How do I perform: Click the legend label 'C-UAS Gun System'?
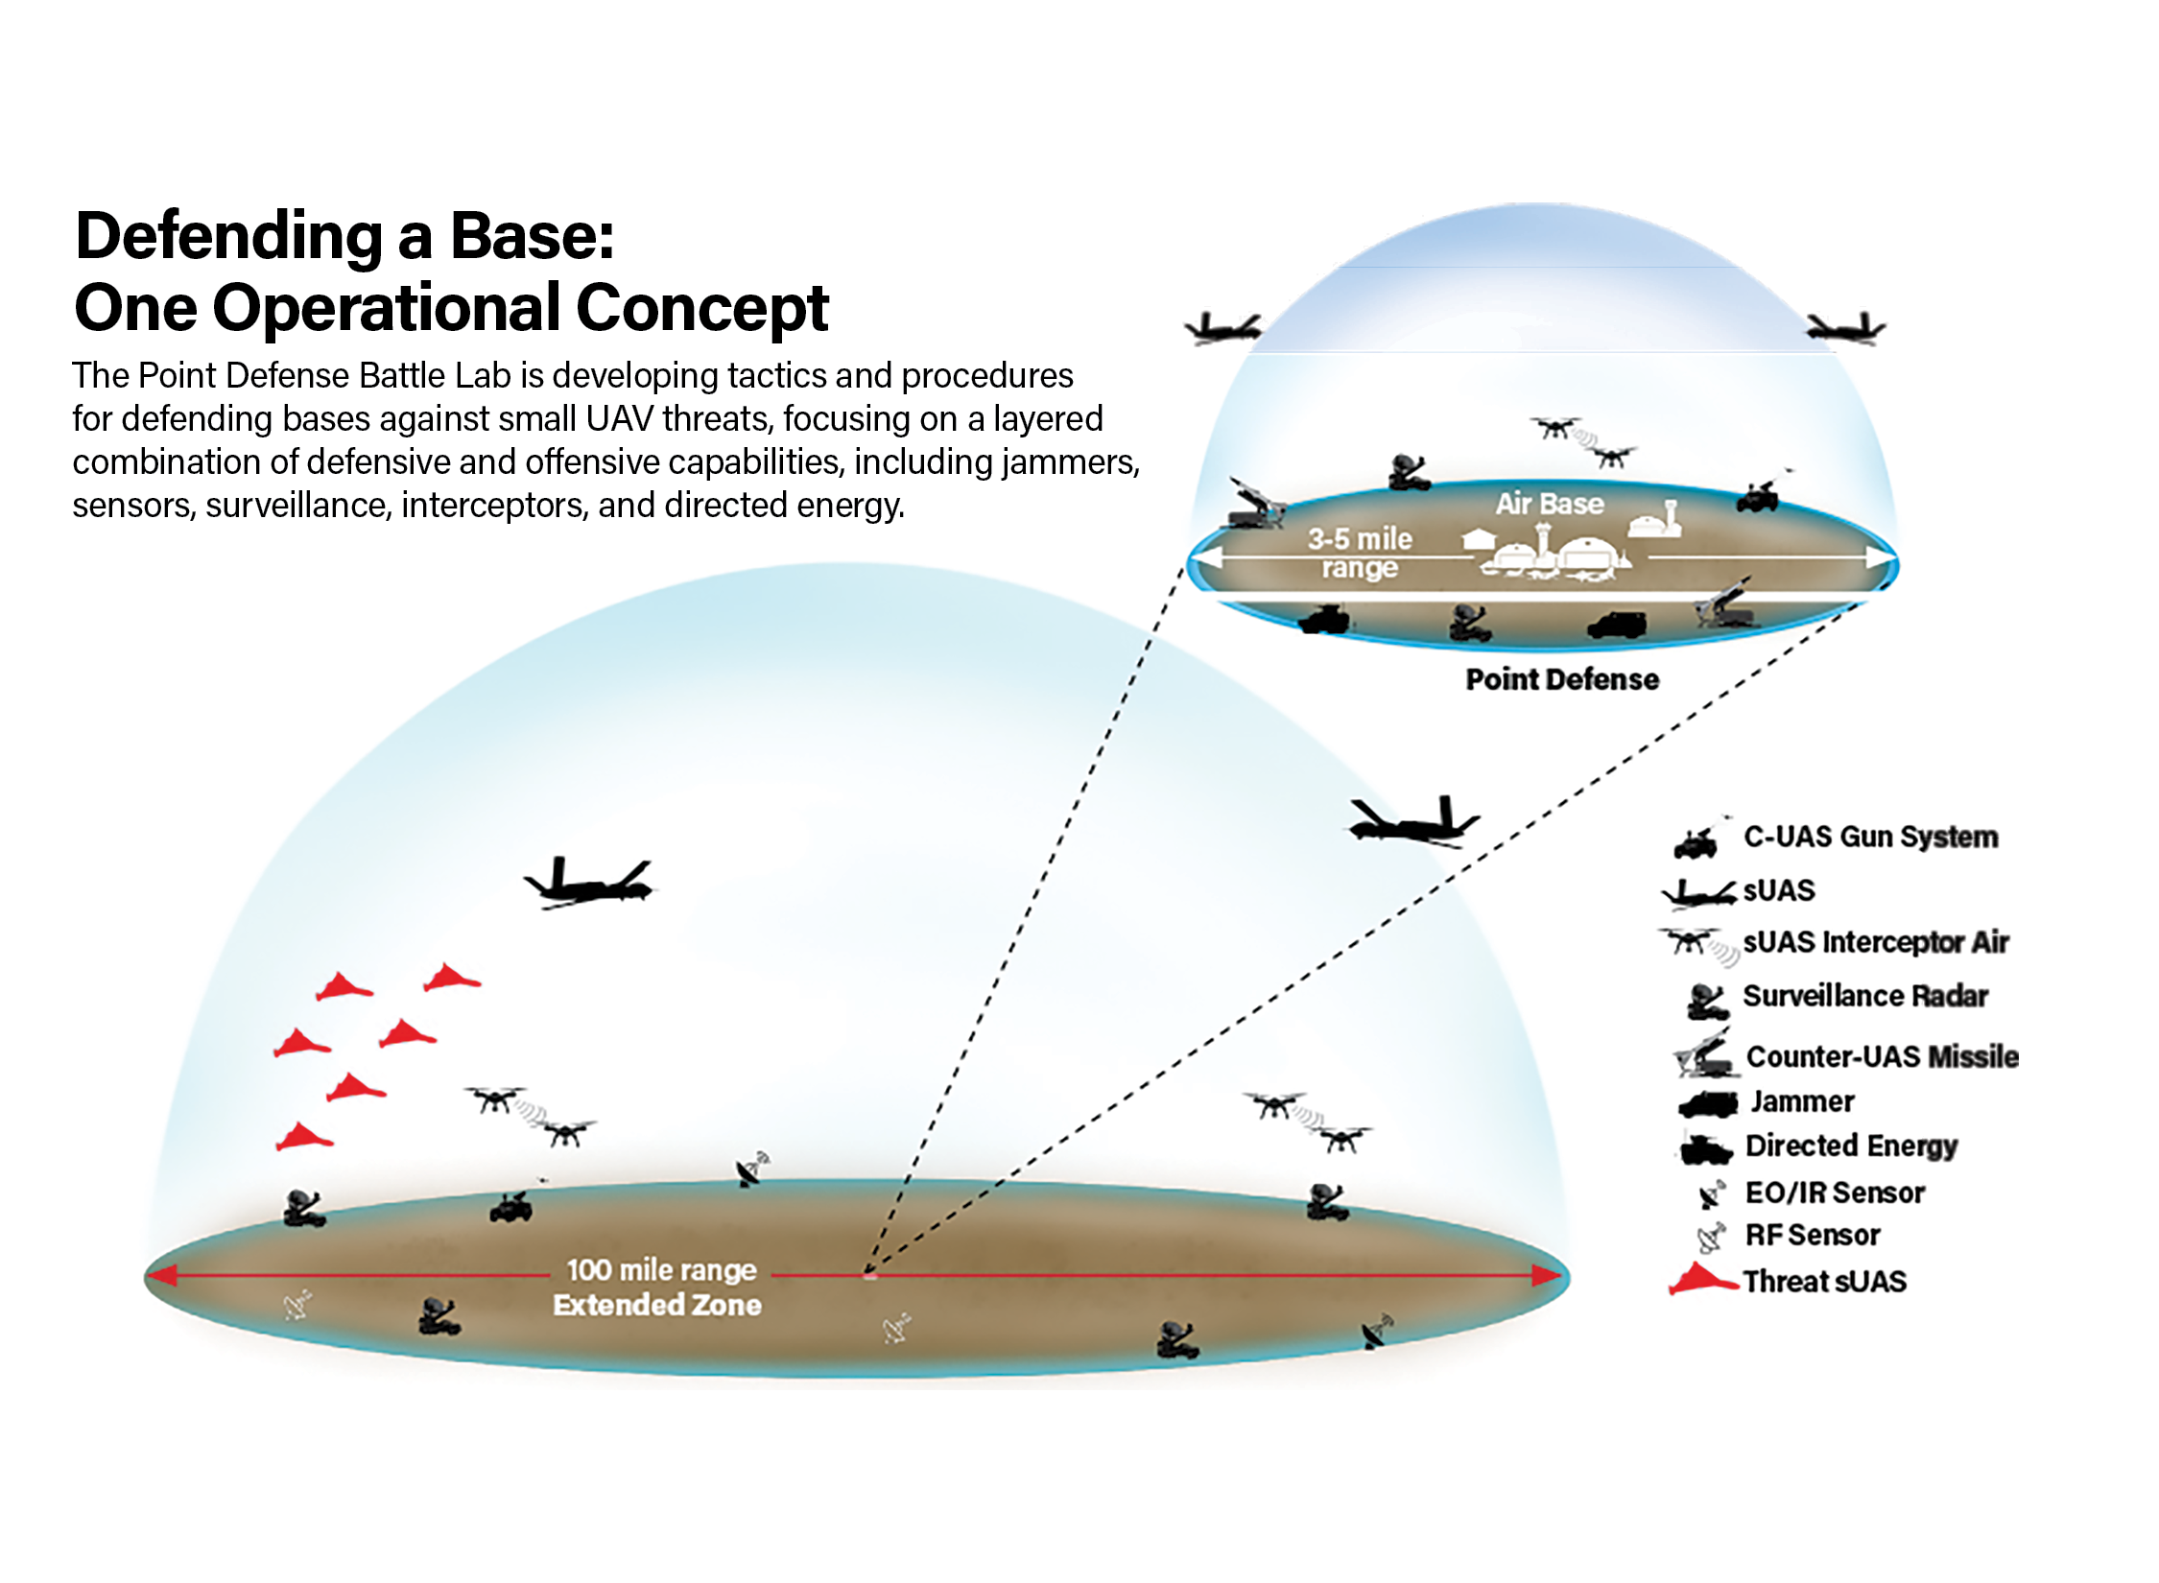(x=1870, y=838)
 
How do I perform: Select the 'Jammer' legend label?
(x=1802, y=1101)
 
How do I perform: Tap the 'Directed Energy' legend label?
(x=1851, y=1146)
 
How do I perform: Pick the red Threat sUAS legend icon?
(x=1701, y=1280)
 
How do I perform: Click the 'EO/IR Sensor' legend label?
(x=1835, y=1193)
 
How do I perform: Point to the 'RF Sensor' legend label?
(x=1813, y=1235)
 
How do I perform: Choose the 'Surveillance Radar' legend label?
(x=1865, y=996)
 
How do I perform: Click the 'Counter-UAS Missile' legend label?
(x=1882, y=1056)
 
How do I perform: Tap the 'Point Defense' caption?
(x=1562, y=679)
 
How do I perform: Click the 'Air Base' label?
(x=1550, y=504)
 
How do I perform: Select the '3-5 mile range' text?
(x=1360, y=554)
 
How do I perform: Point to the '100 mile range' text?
(x=661, y=1270)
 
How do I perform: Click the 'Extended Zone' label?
(x=657, y=1305)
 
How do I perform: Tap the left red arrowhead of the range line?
(x=162, y=1275)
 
